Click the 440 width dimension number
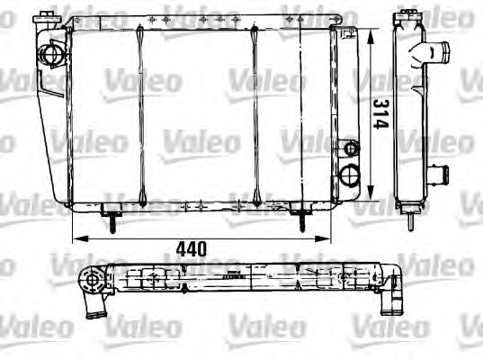(192, 249)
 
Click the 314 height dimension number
(380, 113)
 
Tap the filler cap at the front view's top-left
(46, 18)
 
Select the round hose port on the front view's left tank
(49, 55)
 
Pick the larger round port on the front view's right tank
(349, 175)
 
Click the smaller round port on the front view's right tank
(351, 148)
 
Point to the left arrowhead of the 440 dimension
(80, 238)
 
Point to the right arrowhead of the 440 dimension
(323, 238)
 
